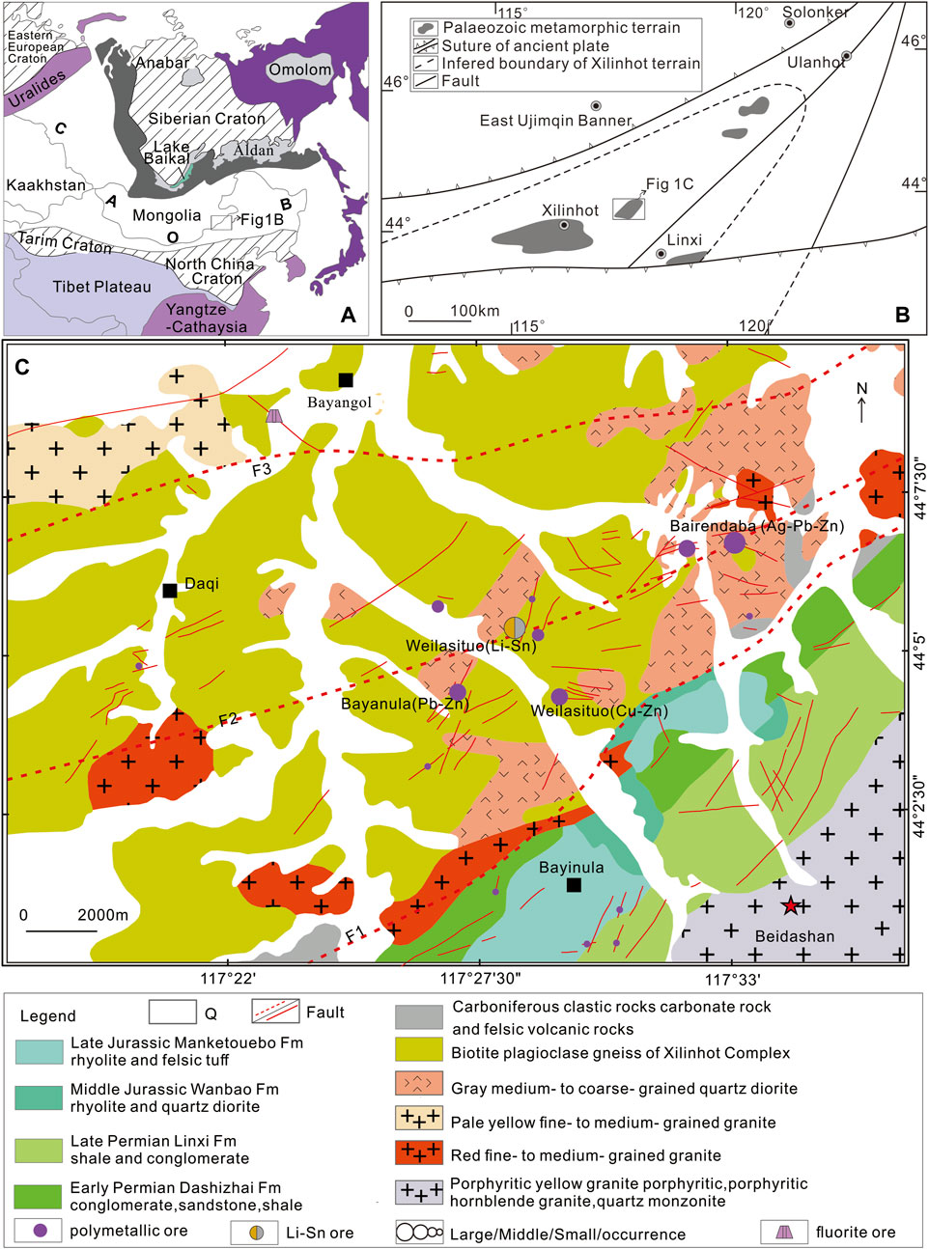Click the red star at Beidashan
791,905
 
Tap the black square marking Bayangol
346,380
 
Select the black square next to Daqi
170,590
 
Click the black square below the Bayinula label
574,885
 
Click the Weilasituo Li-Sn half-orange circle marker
515,627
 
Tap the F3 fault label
262,470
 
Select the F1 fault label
355,933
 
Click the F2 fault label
227,720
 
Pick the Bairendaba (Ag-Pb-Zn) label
756,526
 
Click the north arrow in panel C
861,402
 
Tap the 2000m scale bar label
102,914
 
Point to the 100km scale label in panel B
474,311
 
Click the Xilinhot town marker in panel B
564,225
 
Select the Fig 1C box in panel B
629,208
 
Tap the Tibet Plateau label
101,287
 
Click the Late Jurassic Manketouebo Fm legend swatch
40,1051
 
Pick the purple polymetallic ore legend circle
40,1231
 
